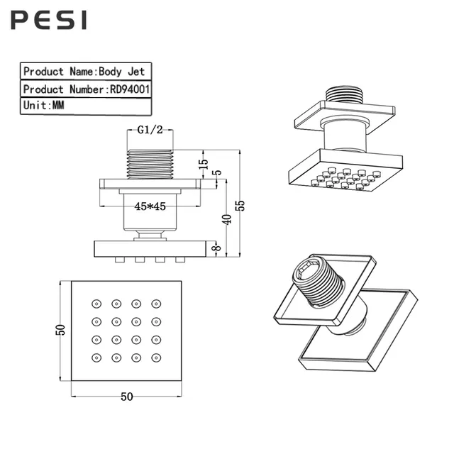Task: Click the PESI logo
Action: pos(49,20)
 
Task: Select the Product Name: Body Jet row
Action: pos(86,71)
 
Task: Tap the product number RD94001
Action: pos(130,89)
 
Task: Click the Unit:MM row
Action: pos(86,106)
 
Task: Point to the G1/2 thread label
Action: pos(150,130)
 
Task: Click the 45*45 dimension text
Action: pos(150,206)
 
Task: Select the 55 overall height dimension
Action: pos(240,205)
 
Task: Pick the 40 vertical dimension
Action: pos(227,219)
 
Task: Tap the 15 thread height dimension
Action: pos(204,164)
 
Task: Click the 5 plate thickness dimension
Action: pos(218,172)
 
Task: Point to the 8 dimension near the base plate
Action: pos(217,248)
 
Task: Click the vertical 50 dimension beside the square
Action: pos(60,330)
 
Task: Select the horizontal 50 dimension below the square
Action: pos(127,397)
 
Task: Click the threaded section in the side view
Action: pos(150,164)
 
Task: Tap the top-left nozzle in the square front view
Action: pos(96,304)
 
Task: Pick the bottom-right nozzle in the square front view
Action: pos(156,358)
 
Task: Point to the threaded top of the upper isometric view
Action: pos(344,94)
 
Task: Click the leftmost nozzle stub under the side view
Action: pos(120,260)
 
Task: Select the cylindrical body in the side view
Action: pos(150,212)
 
